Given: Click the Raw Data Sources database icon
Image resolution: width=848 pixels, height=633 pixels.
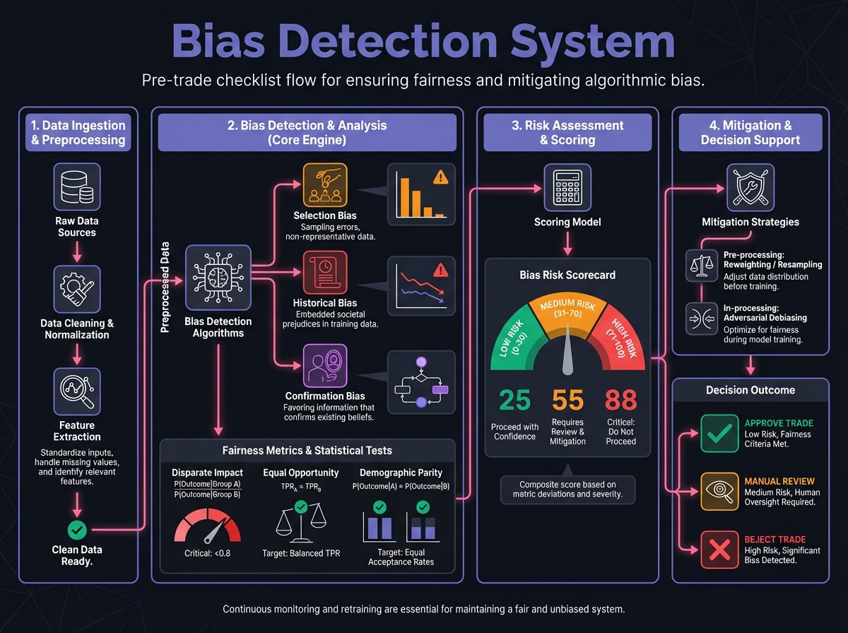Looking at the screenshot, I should coord(77,187).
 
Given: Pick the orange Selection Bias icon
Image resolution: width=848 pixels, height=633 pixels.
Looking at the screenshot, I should coord(325,184).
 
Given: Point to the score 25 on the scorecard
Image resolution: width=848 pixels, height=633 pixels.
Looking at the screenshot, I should coord(514,401).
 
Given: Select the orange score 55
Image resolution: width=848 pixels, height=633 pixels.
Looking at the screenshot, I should coord(567,401).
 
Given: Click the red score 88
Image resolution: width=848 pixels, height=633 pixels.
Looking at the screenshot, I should coord(621,401).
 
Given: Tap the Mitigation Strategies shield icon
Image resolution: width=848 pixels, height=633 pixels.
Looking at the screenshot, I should coord(750,187).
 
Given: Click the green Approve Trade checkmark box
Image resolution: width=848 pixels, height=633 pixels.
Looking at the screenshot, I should coord(719,432).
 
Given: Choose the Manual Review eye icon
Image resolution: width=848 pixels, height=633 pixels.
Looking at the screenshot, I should coord(719,490).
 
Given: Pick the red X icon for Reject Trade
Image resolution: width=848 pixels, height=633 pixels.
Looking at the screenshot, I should coord(719,549).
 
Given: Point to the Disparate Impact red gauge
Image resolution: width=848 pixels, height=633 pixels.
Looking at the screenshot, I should coord(206,527).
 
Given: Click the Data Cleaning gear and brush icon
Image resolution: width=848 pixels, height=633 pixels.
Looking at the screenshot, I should coord(77,289).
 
